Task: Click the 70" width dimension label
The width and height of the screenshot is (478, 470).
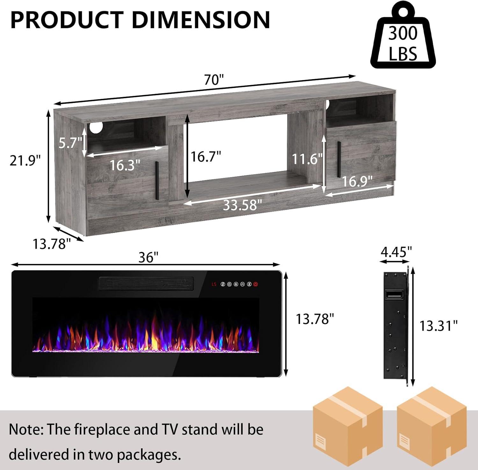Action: pos(214,80)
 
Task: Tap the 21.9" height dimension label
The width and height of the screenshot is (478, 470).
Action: pos(25,160)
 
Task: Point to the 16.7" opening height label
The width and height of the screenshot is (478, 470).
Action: pos(206,157)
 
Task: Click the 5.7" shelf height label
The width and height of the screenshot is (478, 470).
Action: pos(70,143)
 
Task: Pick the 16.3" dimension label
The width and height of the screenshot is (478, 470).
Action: pos(125,165)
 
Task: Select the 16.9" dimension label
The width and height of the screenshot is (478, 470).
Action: pos(357,181)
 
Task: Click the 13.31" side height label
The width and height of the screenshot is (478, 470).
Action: pos(438,326)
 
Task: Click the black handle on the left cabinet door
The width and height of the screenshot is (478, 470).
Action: pos(157,181)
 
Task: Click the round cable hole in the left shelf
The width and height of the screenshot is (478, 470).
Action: pos(95,127)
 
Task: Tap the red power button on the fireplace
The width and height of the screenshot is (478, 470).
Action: pos(256,284)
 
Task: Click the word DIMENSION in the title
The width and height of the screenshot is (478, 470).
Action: pos(201,20)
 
